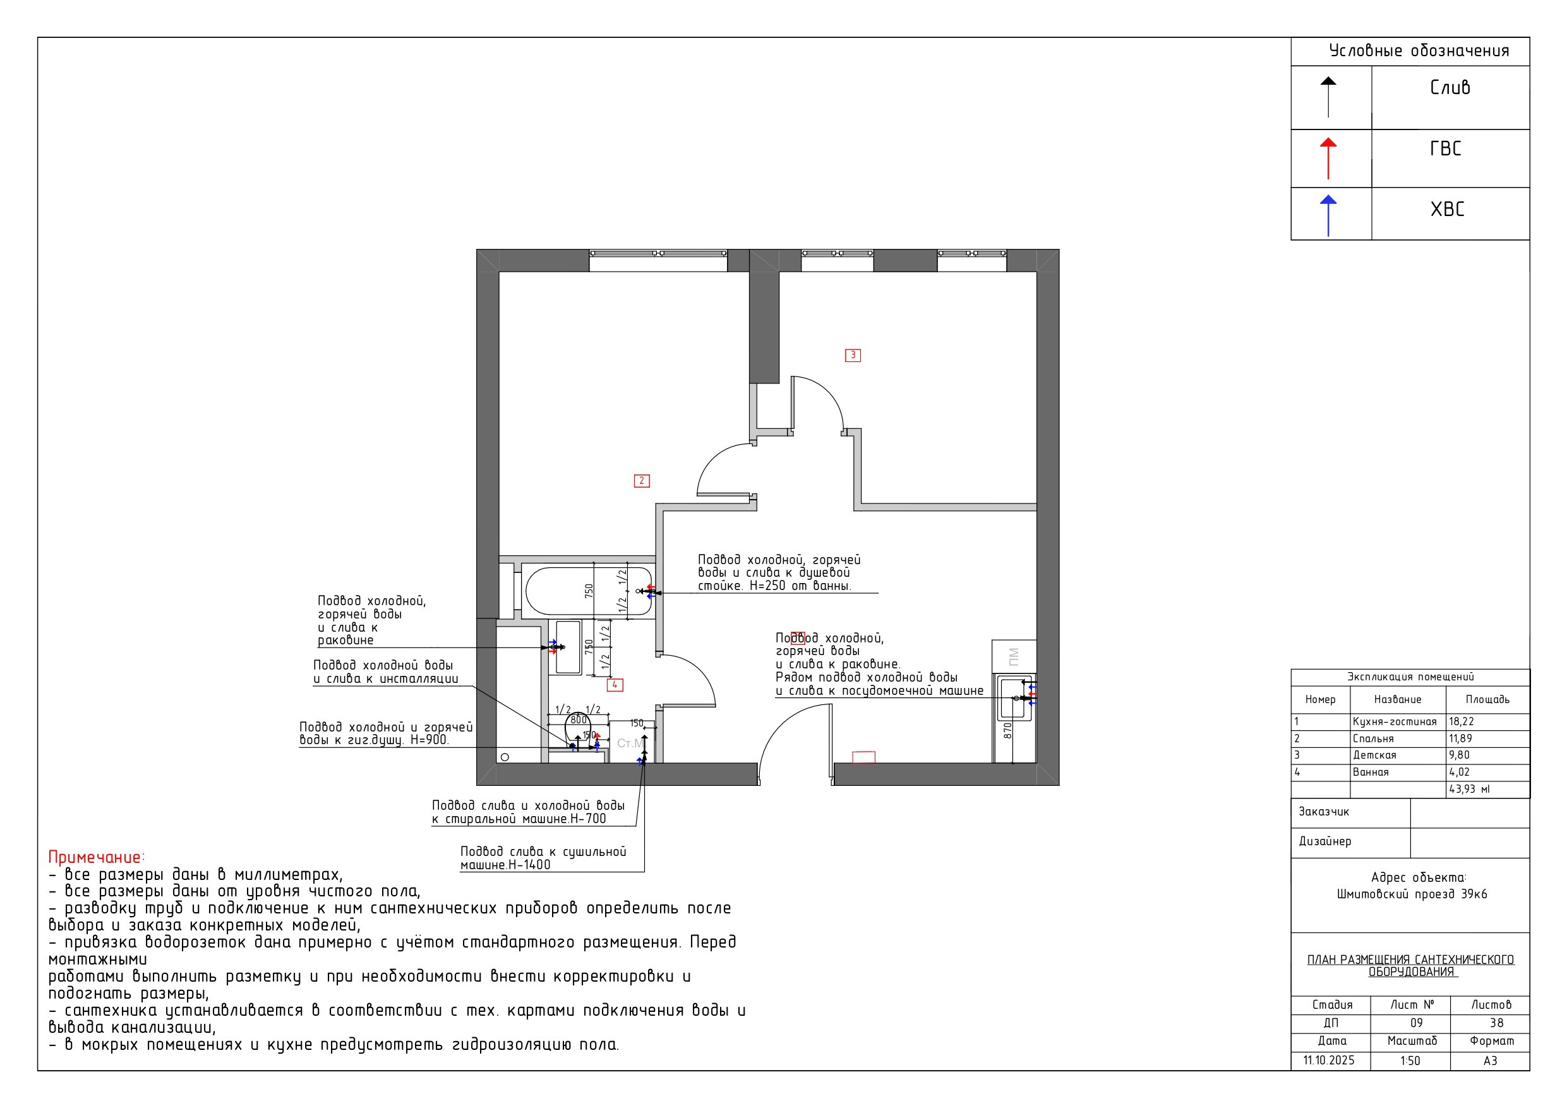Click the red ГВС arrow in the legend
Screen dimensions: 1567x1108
(x=1328, y=159)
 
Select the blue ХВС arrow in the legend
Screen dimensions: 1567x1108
(x=1328, y=216)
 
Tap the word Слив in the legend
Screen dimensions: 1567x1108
(x=1450, y=87)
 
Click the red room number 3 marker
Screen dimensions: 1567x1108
(x=853, y=355)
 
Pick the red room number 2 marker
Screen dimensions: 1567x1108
(x=642, y=481)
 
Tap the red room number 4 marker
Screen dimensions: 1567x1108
(x=615, y=685)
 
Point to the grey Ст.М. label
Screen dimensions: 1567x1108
(x=629, y=744)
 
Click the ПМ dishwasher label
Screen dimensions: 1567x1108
(x=1014, y=656)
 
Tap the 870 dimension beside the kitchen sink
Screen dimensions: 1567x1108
(x=1007, y=730)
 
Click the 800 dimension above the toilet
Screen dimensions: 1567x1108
(x=579, y=720)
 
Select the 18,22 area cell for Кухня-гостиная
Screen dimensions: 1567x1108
(x=1462, y=721)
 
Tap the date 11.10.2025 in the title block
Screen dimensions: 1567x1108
(x=1329, y=1060)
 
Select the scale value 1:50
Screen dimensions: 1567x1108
(x=1410, y=1061)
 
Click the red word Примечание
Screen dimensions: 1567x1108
(x=95, y=857)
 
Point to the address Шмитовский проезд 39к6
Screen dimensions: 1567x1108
(x=1412, y=894)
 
